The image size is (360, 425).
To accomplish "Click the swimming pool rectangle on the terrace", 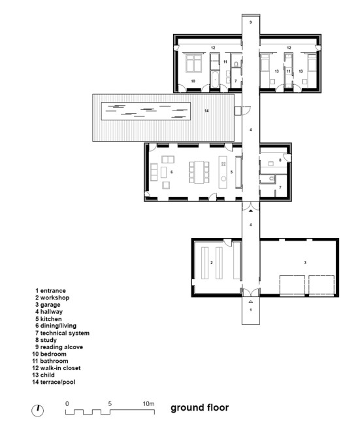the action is point(146,111).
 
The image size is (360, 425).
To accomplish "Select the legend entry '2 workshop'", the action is point(52,297).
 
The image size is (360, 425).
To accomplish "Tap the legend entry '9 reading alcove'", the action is point(59,347).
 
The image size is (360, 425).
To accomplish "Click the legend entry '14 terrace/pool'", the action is point(54,382).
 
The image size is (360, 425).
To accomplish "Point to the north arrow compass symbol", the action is point(38,411).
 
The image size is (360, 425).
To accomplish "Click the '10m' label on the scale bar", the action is point(148,404).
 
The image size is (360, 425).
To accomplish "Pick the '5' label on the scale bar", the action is point(110,403).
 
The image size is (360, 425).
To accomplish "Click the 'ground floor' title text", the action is point(200,407).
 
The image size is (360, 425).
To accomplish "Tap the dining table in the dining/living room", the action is point(199,172).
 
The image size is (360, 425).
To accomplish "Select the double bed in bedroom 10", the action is point(193,63).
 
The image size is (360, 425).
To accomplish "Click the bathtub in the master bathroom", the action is point(214,79).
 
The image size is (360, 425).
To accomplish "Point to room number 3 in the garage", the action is point(305,262).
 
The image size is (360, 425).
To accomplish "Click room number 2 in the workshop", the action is point(212,262).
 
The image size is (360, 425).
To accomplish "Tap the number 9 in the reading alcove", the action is point(251,22).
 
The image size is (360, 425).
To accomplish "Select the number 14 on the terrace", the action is point(206,110).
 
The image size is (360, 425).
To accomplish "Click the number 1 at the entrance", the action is point(251,309).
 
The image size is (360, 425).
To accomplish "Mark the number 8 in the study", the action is point(280,160).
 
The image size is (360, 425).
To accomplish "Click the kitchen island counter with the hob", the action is point(223,172).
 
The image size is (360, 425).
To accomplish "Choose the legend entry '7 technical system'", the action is point(62,333).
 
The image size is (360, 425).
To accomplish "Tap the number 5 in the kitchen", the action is point(231,172).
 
